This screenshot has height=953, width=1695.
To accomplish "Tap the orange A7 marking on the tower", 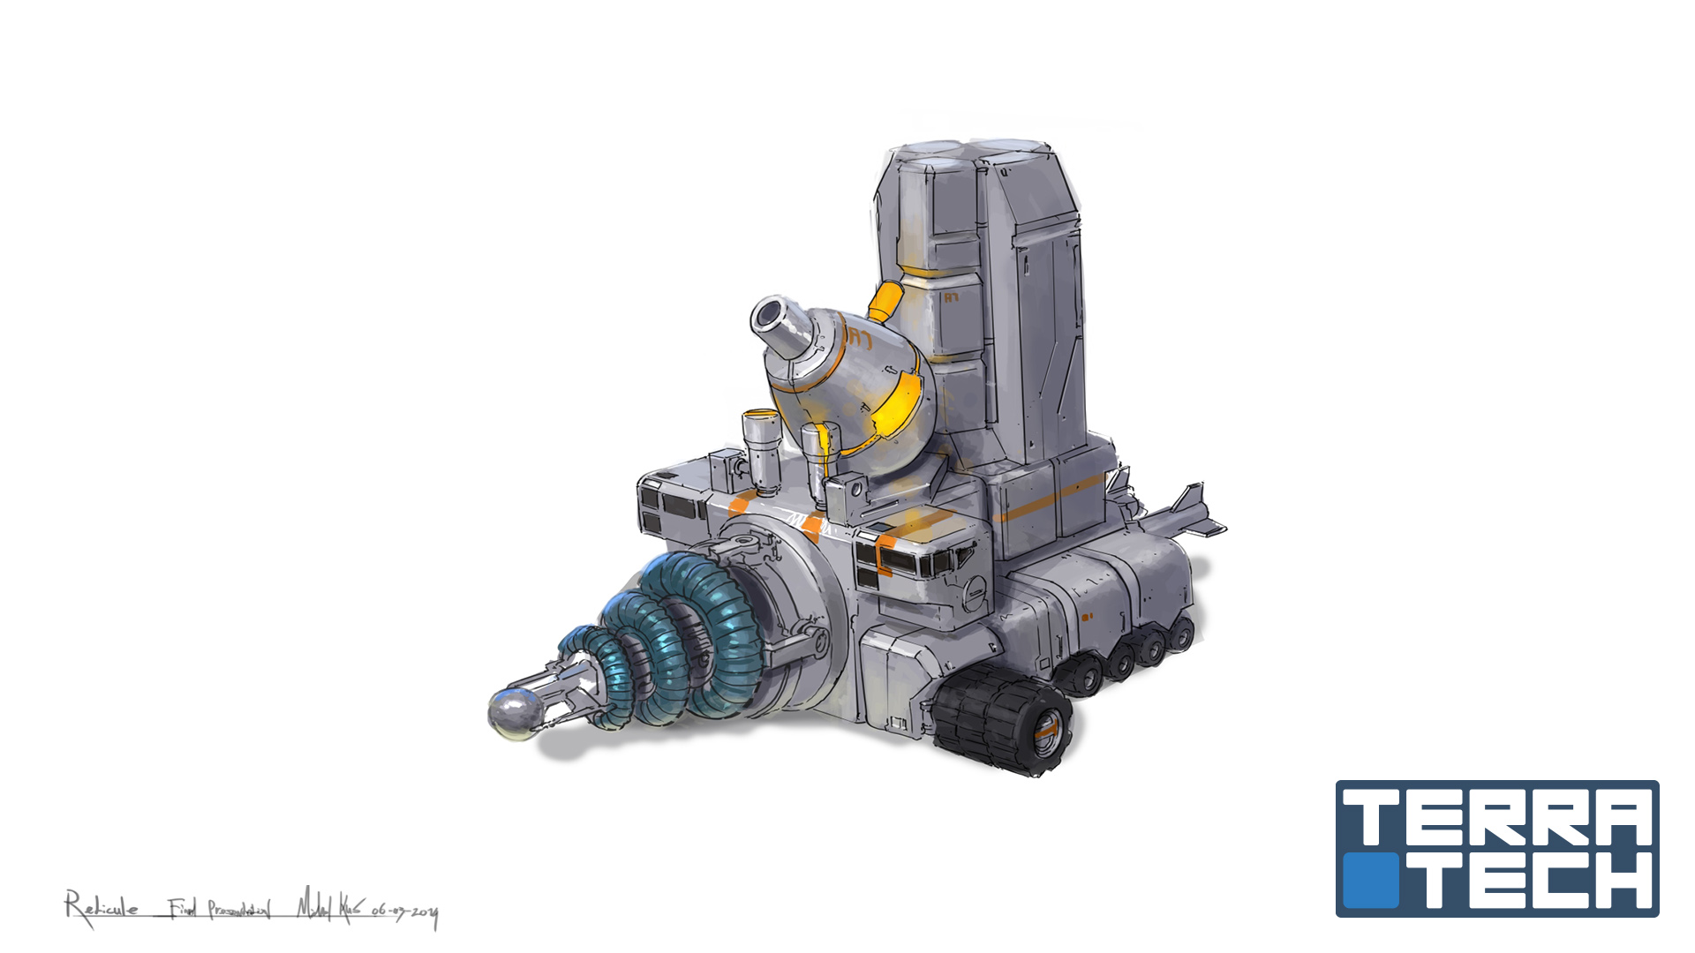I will tap(952, 298).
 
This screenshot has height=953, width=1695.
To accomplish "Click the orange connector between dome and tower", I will tap(885, 302).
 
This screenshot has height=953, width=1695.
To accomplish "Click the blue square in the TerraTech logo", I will tap(1371, 880).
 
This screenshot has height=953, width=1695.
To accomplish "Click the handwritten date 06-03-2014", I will tap(404, 912).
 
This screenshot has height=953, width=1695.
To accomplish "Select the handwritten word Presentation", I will tap(238, 909).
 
